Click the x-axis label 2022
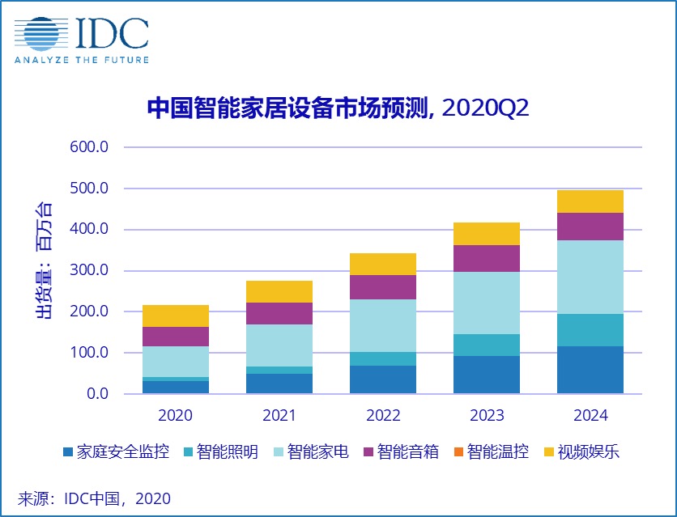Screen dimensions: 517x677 pos(383,416)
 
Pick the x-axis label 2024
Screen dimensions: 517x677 pos(590,416)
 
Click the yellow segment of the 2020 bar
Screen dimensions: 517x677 pos(176,316)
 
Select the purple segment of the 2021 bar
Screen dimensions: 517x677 pos(279,313)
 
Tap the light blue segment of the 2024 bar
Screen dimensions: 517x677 pos(590,277)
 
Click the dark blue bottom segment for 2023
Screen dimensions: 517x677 pos(487,375)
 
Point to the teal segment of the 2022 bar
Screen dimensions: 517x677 pos(383,358)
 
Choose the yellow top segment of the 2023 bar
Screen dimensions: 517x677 pos(487,233)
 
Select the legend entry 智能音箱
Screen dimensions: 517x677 pos(402,451)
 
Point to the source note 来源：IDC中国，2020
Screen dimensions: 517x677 pos(95,498)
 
